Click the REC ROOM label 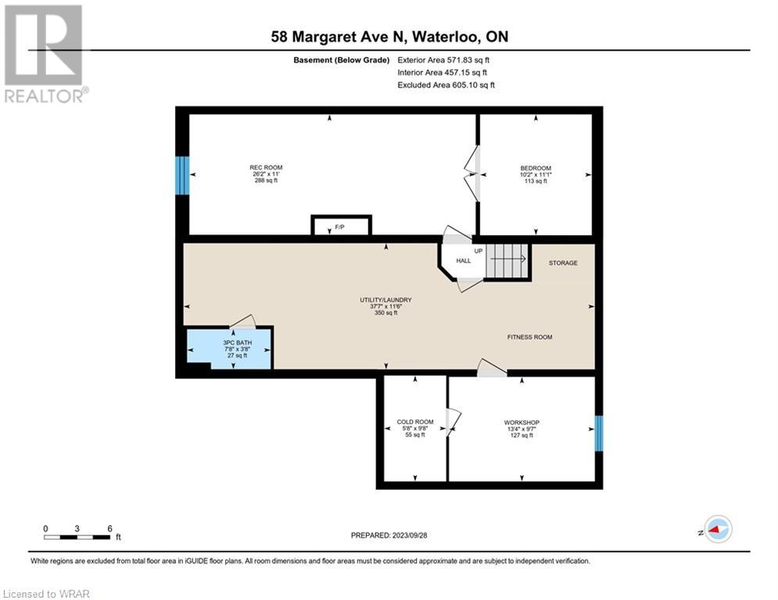266,168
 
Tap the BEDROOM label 536,168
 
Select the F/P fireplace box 342,226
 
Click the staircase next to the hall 507,261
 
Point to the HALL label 464,261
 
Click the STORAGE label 563,262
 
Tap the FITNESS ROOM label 529,337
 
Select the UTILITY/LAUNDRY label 385,300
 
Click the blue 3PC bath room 229,349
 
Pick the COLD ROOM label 415,422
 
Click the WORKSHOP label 522,423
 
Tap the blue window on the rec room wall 182,176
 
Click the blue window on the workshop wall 599,434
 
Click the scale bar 77,537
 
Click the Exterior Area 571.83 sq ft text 443,60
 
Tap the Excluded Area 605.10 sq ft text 446,85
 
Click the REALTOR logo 45,54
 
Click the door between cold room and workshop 454,423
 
